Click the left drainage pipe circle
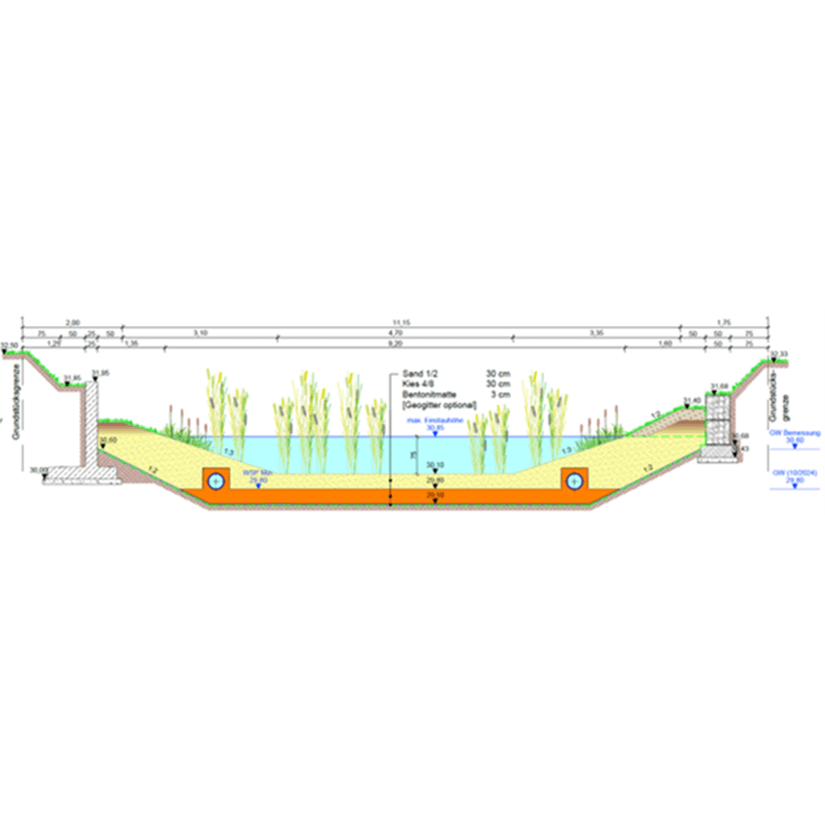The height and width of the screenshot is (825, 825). click(x=216, y=479)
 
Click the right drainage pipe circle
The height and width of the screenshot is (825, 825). click(x=573, y=479)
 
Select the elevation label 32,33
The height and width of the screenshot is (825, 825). click(x=779, y=354)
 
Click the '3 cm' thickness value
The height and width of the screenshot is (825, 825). click(x=498, y=395)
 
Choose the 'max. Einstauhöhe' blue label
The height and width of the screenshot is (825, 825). click(x=435, y=420)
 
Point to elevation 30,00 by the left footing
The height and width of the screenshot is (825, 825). click(x=38, y=469)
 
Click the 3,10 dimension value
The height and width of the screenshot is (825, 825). click(x=200, y=332)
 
